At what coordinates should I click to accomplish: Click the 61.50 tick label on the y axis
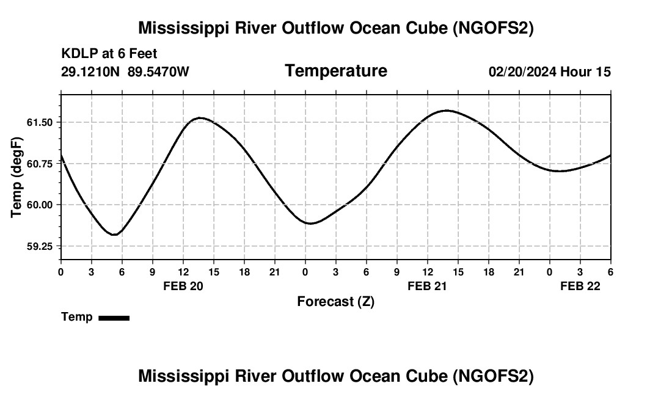pyautogui.click(x=40, y=123)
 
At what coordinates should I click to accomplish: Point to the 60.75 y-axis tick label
pyautogui.click(x=40, y=164)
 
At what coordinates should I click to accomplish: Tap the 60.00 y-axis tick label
pyautogui.click(x=40, y=205)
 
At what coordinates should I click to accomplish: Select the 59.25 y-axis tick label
pyautogui.click(x=40, y=246)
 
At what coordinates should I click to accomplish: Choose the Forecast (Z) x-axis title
pyautogui.click(x=335, y=301)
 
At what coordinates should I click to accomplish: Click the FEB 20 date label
pyautogui.click(x=183, y=286)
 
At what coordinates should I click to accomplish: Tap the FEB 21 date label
pyautogui.click(x=428, y=286)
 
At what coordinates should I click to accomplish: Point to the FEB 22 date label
pyautogui.click(x=580, y=286)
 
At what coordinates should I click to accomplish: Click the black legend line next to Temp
pyautogui.click(x=114, y=318)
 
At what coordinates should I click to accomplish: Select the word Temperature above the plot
pyautogui.click(x=336, y=71)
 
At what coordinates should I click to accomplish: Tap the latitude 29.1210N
pyautogui.click(x=91, y=72)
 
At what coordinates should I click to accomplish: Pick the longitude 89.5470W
pyautogui.click(x=158, y=72)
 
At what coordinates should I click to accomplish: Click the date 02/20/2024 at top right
pyautogui.click(x=522, y=72)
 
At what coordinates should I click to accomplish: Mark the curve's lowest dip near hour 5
pyautogui.click(x=114, y=235)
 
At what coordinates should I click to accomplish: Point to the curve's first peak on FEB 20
pyautogui.click(x=200, y=118)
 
